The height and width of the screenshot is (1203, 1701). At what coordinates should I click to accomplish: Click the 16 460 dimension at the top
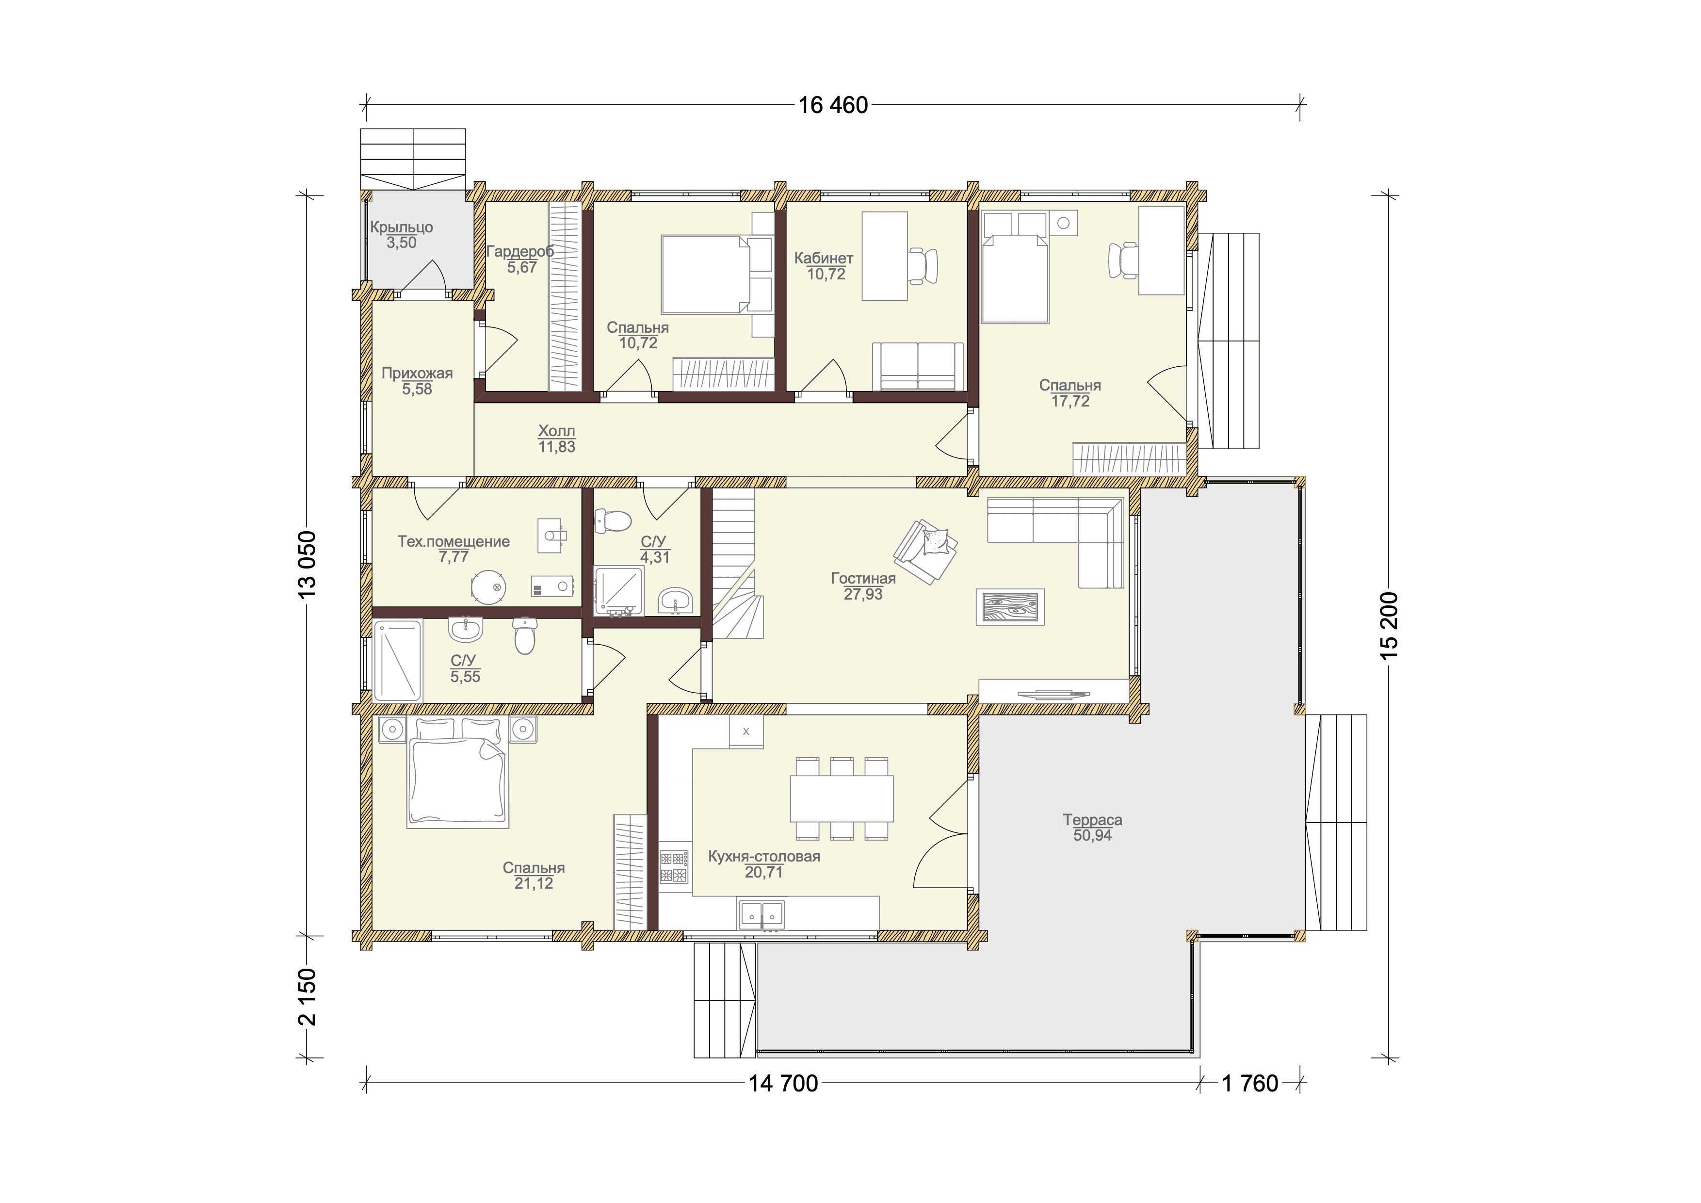pyautogui.click(x=833, y=105)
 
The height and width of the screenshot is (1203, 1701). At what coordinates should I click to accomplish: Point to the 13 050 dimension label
pyautogui.click(x=307, y=565)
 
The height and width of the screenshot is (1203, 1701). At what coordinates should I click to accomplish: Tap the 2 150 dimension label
pyautogui.click(x=307, y=997)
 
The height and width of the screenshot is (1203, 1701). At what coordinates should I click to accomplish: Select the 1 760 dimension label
pyautogui.click(x=1250, y=1084)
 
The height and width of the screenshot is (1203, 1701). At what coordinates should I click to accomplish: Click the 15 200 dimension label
pyautogui.click(x=1389, y=626)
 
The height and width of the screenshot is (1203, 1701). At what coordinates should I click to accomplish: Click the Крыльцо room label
pyautogui.click(x=402, y=228)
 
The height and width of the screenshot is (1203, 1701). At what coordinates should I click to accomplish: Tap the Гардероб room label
pyautogui.click(x=520, y=252)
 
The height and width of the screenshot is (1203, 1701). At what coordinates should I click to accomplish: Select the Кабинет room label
pyautogui.click(x=824, y=258)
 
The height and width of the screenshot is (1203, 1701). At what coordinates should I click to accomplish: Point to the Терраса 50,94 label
pyautogui.click(x=1093, y=828)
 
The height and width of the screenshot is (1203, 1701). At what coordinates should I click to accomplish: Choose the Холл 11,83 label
pyautogui.click(x=556, y=439)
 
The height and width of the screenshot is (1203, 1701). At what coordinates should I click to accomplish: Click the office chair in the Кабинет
pyautogui.click(x=923, y=265)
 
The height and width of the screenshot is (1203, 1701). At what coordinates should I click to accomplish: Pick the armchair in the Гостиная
pyautogui.click(x=926, y=551)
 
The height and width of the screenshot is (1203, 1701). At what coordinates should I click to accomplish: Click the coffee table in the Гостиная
pyautogui.click(x=1010, y=607)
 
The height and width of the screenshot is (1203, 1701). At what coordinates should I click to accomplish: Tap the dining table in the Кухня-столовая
pyautogui.click(x=842, y=798)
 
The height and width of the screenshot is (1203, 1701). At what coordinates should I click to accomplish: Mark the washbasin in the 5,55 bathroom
pyautogui.click(x=465, y=630)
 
